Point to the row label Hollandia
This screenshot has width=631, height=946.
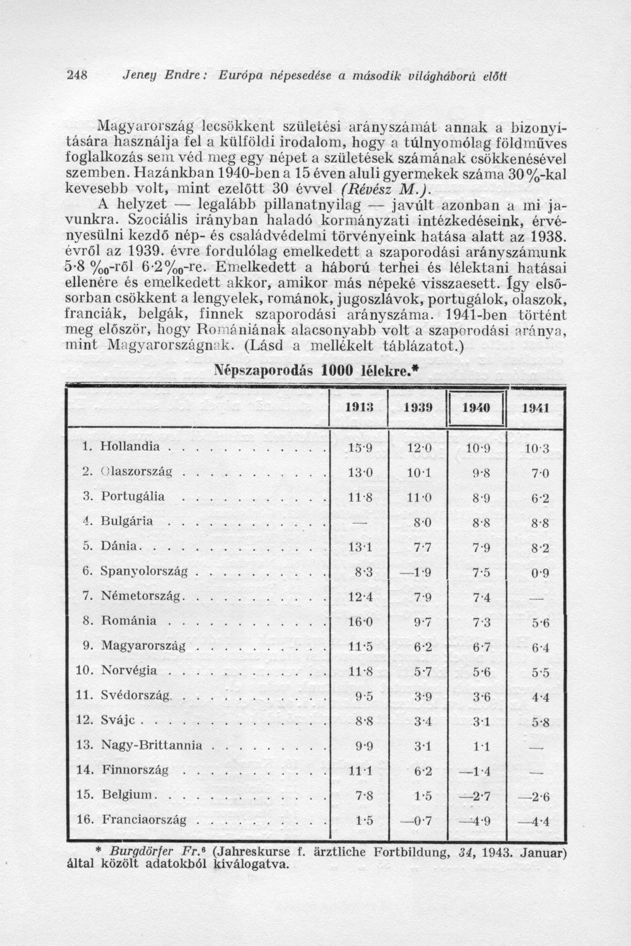pyautogui.click(x=130, y=446)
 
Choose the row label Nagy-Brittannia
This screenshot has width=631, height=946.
pyautogui.click(x=151, y=745)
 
